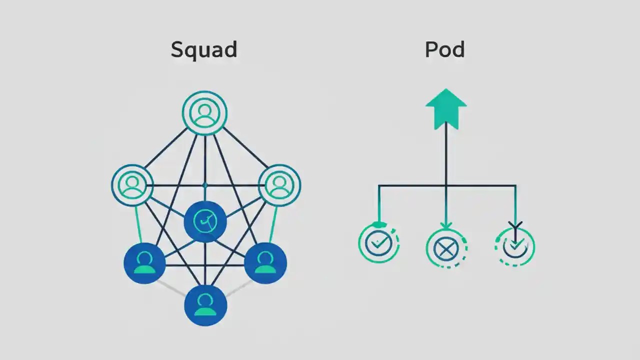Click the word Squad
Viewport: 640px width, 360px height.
[204, 50]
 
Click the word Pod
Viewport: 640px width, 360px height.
[444, 50]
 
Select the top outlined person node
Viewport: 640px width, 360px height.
[204, 113]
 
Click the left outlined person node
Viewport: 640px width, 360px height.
[132, 184]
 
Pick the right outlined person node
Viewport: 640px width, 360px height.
[279, 184]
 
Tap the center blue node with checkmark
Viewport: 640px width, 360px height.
[205, 221]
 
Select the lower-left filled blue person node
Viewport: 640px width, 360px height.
[144, 263]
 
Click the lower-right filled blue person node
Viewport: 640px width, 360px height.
[265, 263]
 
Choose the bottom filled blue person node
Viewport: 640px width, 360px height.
[205, 304]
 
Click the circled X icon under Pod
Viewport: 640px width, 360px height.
[446, 247]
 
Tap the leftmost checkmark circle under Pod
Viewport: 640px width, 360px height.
[378, 244]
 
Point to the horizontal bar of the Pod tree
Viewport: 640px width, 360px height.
[480, 186]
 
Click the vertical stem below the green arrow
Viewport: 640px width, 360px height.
[446, 155]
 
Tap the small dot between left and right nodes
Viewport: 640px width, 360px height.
[205, 185]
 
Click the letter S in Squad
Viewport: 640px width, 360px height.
[177, 50]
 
